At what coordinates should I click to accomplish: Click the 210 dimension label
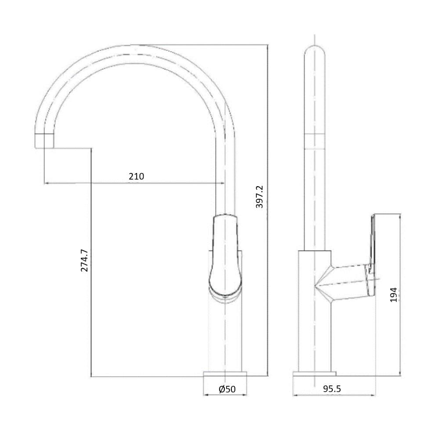click(x=137, y=176)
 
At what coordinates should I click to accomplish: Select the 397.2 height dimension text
click(x=259, y=197)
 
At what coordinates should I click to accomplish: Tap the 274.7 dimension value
click(x=84, y=260)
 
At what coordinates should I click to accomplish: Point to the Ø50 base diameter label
click(x=227, y=389)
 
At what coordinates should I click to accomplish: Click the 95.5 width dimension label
click(x=332, y=389)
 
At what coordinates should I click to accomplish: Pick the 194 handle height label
click(x=394, y=295)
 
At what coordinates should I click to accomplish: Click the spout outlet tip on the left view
click(x=44, y=141)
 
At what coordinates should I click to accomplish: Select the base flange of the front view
click(x=225, y=374)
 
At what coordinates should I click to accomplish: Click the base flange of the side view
click(x=314, y=374)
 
